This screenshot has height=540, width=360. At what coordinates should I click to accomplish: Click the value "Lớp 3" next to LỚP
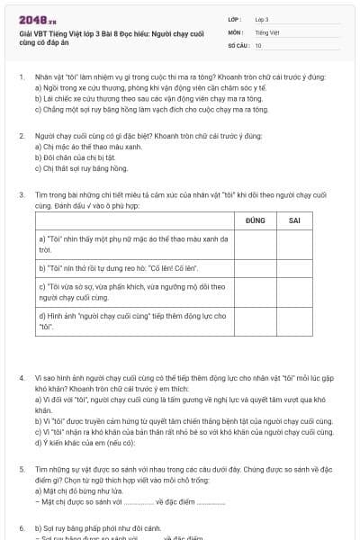coord(262,19)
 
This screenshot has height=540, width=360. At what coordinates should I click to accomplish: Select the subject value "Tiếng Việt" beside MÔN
coord(267,31)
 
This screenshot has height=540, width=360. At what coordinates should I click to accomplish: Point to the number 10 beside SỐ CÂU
coord(258,45)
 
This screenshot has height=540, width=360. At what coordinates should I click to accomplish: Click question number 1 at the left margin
coord(21,79)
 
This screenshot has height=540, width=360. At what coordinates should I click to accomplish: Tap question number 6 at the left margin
coord(21,527)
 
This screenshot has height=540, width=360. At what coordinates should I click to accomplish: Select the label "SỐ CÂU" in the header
coord(238,45)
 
